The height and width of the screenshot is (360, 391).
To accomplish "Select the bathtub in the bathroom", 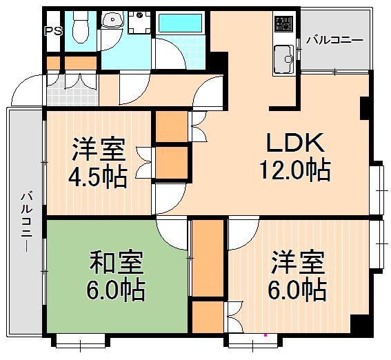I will coord(181,24).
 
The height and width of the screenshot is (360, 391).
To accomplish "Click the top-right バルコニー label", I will coord(334,40).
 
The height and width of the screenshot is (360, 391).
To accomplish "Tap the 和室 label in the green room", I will coord(116,264).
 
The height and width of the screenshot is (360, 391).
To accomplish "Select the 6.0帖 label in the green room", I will coord(116,290).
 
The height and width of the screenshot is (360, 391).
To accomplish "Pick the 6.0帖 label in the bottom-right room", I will coord(297,290).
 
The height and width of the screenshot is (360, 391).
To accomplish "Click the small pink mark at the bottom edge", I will coord(265,337).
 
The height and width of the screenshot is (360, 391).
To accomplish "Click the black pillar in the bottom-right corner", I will coord(359,322).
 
